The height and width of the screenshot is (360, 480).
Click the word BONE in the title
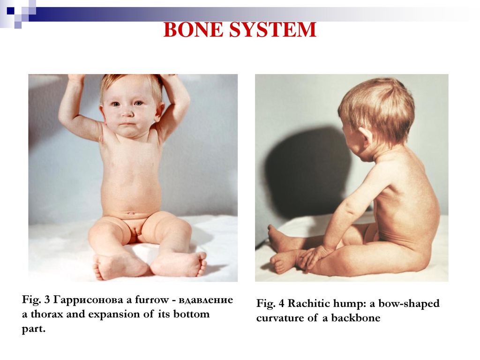(194, 30)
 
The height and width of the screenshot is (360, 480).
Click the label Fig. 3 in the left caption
(36, 300)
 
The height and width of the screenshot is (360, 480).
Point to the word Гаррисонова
(88, 300)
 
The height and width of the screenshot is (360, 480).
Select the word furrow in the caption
(152, 300)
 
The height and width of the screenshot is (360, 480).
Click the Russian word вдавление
(206, 300)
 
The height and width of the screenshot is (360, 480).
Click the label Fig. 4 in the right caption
(270, 303)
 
